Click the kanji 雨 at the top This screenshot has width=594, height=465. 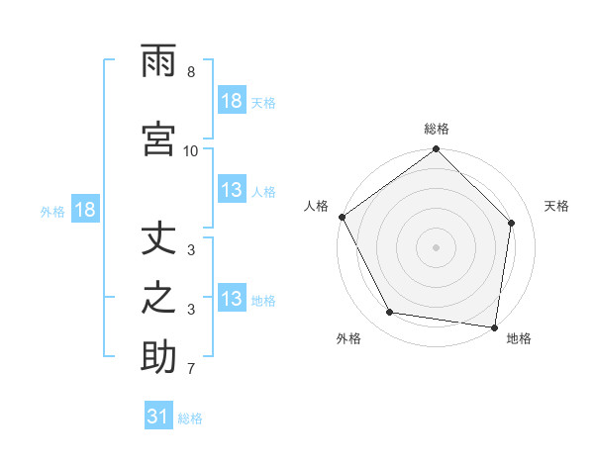pos(158,61)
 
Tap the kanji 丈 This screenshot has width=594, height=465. pos(158,241)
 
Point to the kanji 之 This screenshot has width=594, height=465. pos(158,299)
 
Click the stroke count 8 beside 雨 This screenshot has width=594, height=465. pos(190,72)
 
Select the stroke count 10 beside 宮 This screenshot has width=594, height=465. pos(190,150)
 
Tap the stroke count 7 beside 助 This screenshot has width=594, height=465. pos(190,370)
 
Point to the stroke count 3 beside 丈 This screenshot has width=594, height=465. pos(190,251)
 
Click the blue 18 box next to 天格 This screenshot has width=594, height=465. pos(232,101)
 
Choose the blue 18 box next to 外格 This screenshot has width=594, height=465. pos(84,210)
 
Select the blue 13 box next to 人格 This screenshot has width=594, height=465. pos(232,190)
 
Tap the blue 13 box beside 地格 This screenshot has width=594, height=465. pos(232,299)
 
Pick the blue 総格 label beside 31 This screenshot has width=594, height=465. pos(190,418)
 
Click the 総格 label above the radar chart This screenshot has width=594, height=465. pos(436,129)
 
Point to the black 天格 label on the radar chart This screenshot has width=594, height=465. pos(557,206)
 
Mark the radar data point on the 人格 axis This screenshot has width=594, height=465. pos(343,217)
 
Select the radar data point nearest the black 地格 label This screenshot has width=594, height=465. pos(494,326)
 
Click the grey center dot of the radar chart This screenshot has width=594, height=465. pos(436,246)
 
